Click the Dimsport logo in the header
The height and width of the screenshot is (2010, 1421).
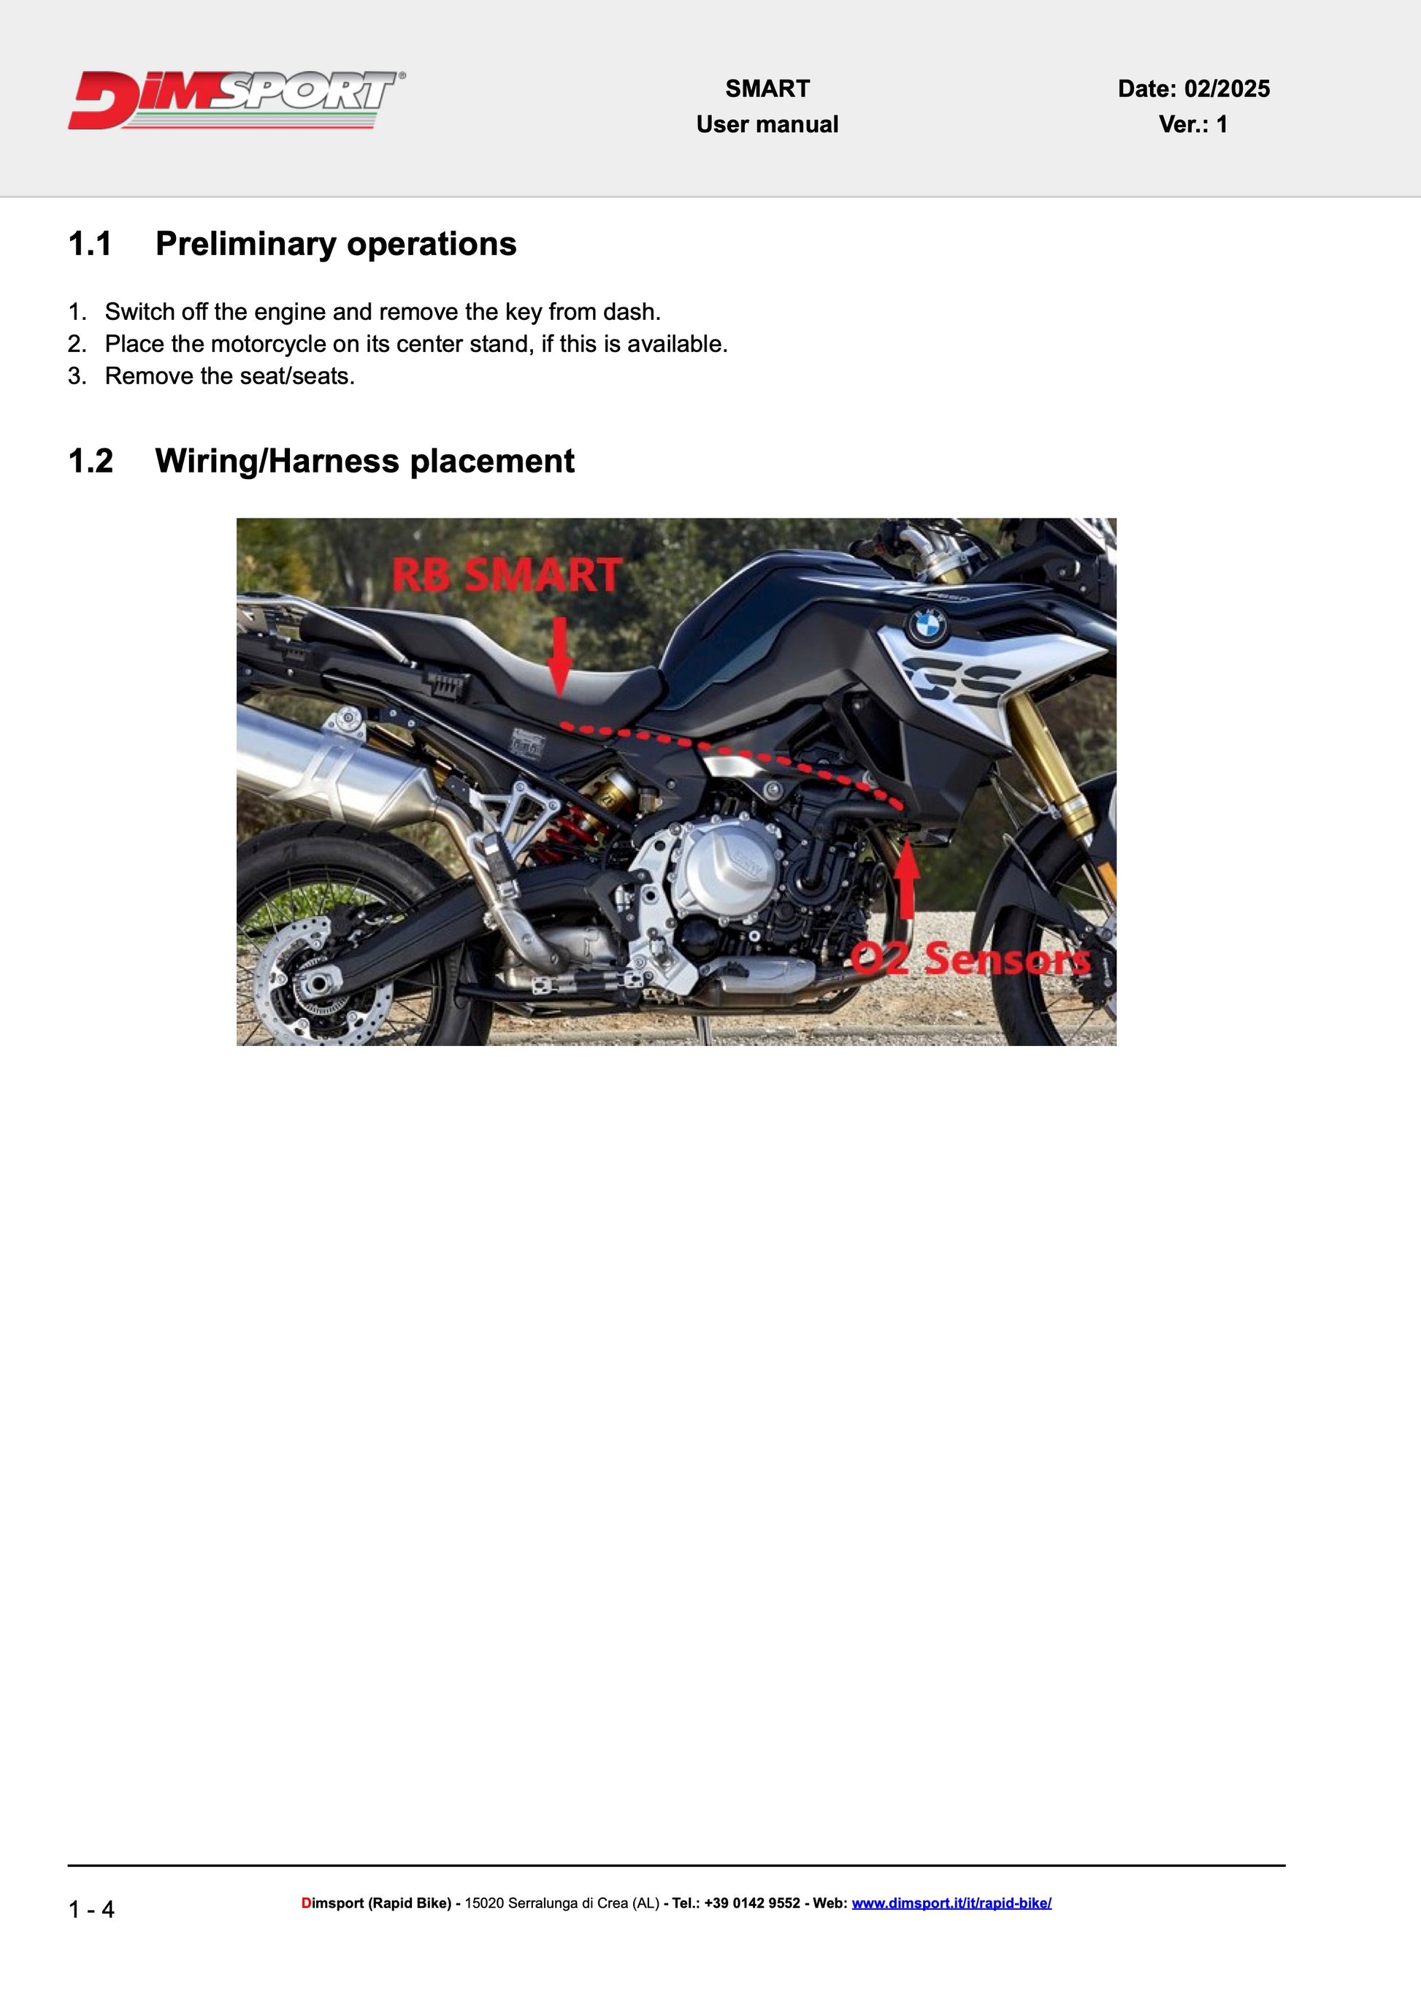pos(237,100)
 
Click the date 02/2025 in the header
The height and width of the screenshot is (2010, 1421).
pos(1227,88)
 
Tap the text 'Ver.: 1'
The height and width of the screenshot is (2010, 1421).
pos(1192,124)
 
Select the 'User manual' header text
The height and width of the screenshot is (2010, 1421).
pos(767,124)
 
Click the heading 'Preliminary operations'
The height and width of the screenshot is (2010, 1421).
pos(336,243)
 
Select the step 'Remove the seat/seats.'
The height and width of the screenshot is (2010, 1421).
pos(230,376)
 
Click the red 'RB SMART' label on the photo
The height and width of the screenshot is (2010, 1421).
pos(507,575)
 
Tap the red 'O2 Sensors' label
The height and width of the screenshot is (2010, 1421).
pos(970,958)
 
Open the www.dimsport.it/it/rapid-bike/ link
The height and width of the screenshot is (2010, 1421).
pos(951,1903)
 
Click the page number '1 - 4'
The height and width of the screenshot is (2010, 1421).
pos(91,1908)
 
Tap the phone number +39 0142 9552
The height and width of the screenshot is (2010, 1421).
pos(751,1903)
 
